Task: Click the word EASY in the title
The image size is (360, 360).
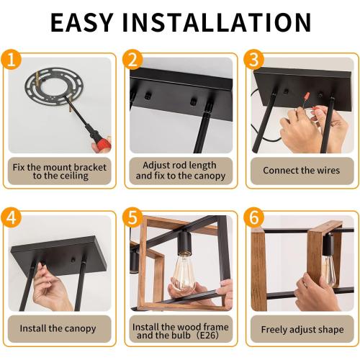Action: pyautogui.click(x=82, y=22)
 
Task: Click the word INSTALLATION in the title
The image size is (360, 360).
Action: pyautogui.click(x=217, y=22)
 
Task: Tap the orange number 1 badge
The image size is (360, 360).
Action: pyautogui.click(x=11, y=60)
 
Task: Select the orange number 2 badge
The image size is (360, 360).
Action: pyautogui.click(x=132, y=60)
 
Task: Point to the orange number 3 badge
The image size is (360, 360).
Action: pyautogui.click(x=254, y=60)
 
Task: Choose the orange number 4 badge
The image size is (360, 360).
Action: pyautogui.click(x=11, y=217)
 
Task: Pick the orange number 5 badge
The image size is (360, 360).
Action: pyautogui.click(x=132, y=217)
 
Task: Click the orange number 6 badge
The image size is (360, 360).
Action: pyautogui.click(x=254, y=217)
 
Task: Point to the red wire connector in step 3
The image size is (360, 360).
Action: pyautogui.click(x=306, y=96)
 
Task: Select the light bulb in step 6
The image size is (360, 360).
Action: pyautogui.click(x=329, y=270)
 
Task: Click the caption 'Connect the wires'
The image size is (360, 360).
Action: pyautogui.click(x=302, y=171)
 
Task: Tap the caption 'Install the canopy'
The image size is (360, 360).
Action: pyautogui.click(x=58, y=328)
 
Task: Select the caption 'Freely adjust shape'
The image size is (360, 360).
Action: pyautogui.click(x=302, y=330)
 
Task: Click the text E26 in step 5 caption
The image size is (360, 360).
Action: pyautogui.click(x=208, y=335)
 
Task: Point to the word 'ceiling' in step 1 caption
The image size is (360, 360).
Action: pyautogui.click(x=74, y=176)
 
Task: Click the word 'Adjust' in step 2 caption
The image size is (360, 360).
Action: pyautogui.click(x=155, y=166)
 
